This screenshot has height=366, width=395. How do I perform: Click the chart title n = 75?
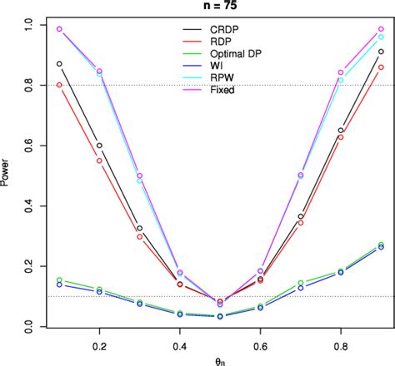[x=220, y=7]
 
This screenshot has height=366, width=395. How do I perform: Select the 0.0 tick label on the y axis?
[x=31, y=327]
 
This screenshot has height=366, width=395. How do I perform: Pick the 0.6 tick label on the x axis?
[x=262, y=344]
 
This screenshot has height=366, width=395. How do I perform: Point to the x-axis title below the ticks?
[x=220, y=359]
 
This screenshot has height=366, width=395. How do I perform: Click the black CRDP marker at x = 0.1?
[x=59, y=64]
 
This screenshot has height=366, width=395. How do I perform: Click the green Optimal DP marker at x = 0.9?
[x=381, y=245]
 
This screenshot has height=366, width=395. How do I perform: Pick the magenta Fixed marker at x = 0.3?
[x=139, y=176]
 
